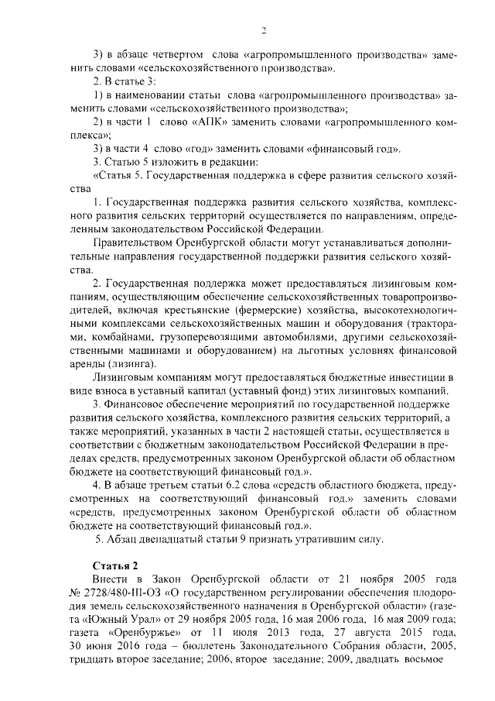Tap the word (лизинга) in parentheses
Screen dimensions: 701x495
tap(130, 364)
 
